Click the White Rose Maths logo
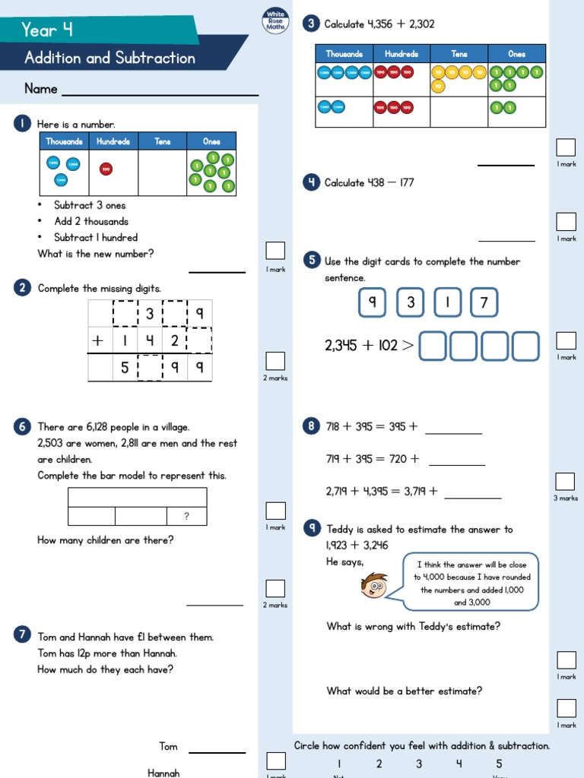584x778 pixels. [x=275, y=21]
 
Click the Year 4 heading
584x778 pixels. [x=47, y=30]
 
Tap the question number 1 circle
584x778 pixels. [x=22, y=124]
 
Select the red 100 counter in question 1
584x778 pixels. [x=106, y=169]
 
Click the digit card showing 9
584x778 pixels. [x=373, y=303]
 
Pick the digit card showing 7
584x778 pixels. [x=484, y=303]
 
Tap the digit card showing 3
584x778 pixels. [x=411, y=303]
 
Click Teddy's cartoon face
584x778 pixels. [x=374, y=585]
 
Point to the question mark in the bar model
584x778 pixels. [x=186, y=517]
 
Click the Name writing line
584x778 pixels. [x=160, y=95]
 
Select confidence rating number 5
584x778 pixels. [x=499, y=764]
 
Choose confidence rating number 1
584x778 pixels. [x=339, y=764]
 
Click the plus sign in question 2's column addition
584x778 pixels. [x=97, y=341]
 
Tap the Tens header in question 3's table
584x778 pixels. [x=459, y=54]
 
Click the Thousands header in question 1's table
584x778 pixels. [x=64, y=141]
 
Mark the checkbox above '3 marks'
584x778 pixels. [x=565, y=481]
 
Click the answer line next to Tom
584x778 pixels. [x=217, y=752]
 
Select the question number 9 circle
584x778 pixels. [x=311, y=528]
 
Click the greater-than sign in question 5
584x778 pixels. [x=408, y=346]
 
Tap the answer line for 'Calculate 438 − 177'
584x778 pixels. [x=506, y=241]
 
